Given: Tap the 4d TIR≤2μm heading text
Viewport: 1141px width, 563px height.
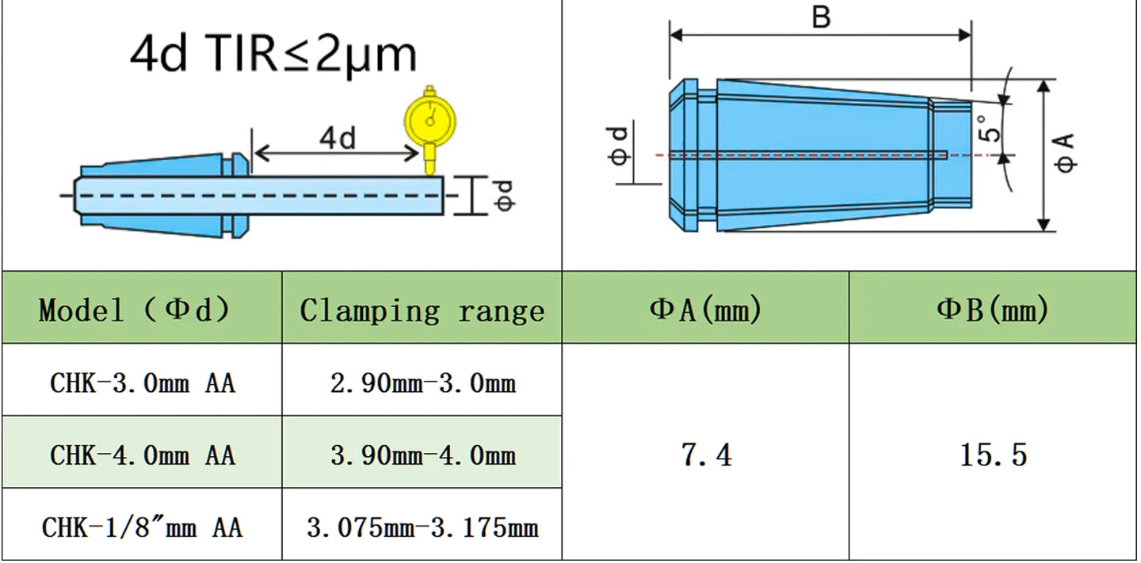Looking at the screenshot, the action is [x=273, y=55].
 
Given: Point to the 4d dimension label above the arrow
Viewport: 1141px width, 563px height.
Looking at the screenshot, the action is [x=338, y=138].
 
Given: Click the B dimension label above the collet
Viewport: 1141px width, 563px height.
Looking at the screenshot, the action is [x=821, y=17].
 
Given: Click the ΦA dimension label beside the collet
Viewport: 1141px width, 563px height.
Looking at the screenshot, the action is [x=1065, y=153].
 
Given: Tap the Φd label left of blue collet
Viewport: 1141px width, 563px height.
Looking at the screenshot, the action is [x=619, y=146].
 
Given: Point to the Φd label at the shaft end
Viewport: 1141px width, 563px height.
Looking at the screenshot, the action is [x=505, y=196].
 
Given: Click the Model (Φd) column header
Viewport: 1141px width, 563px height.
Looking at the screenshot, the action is [x=134, y=309].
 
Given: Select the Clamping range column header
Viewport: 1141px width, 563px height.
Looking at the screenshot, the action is [x=422, y=310].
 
